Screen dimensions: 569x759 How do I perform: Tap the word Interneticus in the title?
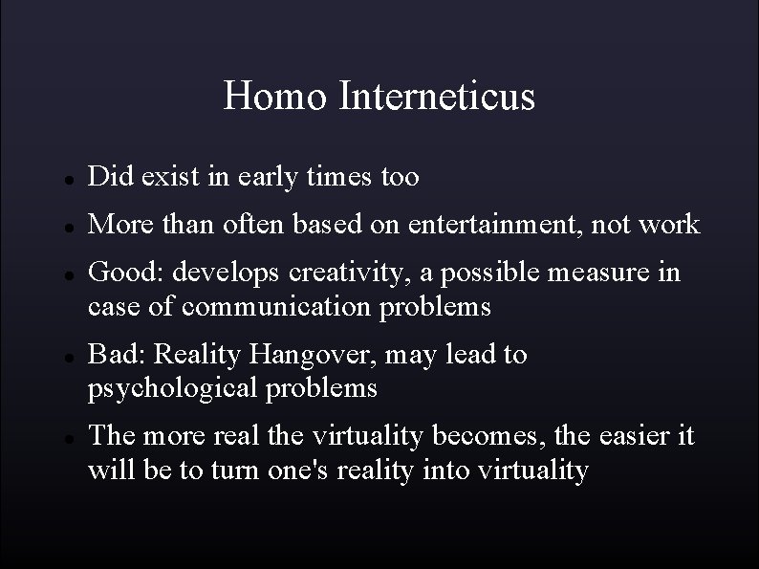click(x=436, y=97)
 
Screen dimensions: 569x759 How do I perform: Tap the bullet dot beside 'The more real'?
click(x=58, y=438)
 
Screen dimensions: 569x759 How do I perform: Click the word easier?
click(x=632, y=436)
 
